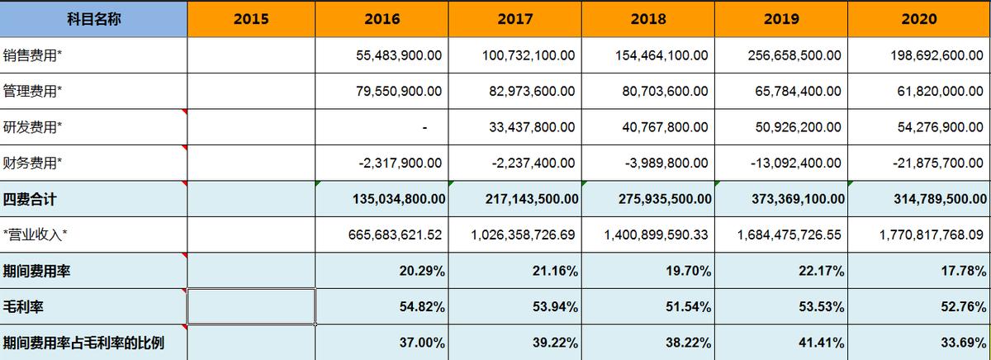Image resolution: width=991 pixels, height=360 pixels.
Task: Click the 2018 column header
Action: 648,19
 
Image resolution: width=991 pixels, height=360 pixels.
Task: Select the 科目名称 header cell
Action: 93,19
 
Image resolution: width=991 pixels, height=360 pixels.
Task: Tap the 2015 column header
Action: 251,19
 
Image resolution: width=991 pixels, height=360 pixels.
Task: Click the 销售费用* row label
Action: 33,55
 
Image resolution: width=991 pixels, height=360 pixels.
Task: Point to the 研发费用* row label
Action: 33,127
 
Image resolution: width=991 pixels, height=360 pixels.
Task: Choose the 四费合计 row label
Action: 31,199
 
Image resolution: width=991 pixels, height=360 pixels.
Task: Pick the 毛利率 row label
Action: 23,306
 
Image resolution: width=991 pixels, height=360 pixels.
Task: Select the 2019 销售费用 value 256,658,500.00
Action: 789,55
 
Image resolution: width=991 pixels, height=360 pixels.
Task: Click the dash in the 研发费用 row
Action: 424,127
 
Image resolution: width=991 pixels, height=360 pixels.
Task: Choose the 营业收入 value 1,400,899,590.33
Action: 656,234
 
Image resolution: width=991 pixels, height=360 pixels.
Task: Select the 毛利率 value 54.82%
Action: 421,306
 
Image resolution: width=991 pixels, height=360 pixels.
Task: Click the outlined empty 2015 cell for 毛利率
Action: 252,306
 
